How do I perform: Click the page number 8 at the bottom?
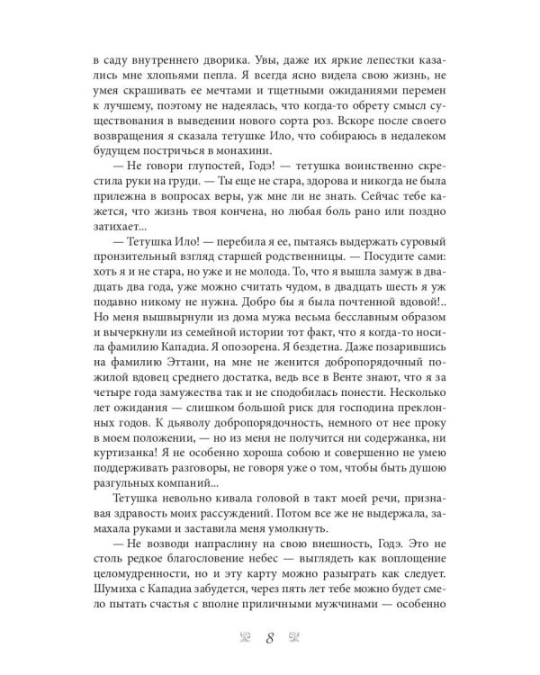[x=270, y=639]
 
